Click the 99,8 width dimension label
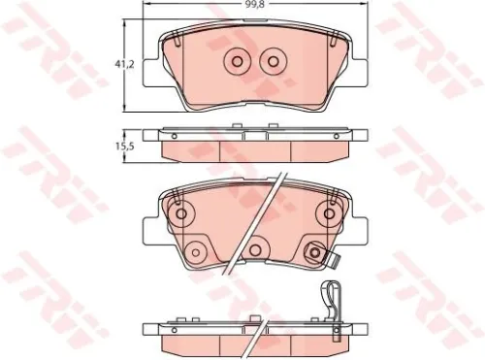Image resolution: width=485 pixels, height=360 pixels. pos(255,6)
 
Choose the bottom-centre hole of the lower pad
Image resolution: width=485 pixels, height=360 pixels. pos(254,251)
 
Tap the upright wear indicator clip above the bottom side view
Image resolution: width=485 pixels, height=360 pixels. pos(331,300)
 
